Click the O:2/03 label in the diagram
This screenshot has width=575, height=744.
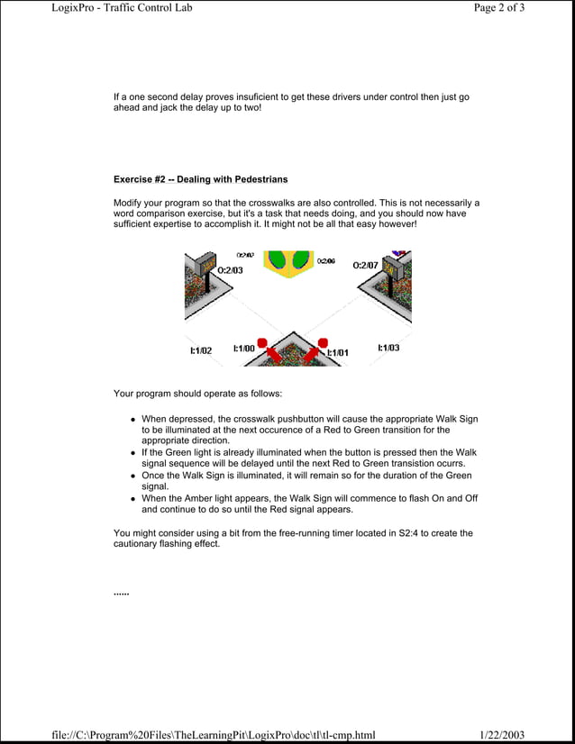click(230, 270)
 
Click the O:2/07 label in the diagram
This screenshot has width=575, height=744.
click(365, 266)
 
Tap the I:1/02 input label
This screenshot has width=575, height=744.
click(200, 351)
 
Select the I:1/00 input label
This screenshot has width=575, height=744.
click(243, 349)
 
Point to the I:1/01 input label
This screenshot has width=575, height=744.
click(338, 353)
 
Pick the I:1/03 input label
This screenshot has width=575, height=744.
click(388, 348)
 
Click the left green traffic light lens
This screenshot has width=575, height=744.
click(278, 260)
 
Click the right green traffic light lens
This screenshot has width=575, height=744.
click(301, 260)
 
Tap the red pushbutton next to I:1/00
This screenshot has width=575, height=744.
click(262, 343)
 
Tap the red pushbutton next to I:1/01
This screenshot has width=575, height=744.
click(320, 343)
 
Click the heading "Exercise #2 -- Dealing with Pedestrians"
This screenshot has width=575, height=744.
click(200, 179)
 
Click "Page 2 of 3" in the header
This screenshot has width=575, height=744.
click(498, 8)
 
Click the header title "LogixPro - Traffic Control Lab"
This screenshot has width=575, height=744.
click(122, 8)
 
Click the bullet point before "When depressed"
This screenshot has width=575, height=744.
click(132, 420)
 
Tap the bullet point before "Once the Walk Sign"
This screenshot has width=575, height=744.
click(132, 476)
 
